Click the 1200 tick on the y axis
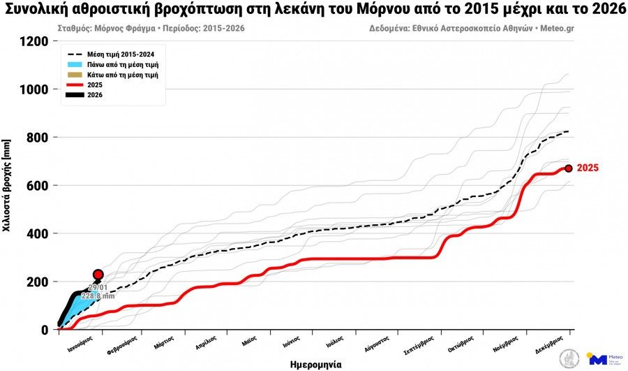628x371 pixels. (x=33, y=41)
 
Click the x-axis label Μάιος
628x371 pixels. (x=249, y=342)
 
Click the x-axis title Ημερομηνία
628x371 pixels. (x=315, y=364)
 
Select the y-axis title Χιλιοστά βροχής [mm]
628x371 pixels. (x=7, y=186)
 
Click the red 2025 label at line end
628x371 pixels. (x=588, y=168)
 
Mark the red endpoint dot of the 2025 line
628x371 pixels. (x=569, y=168)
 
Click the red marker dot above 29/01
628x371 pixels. (x=98, y=275)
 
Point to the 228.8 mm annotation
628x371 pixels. (x=98, y=296)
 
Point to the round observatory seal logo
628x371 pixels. (x=569, y=358)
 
